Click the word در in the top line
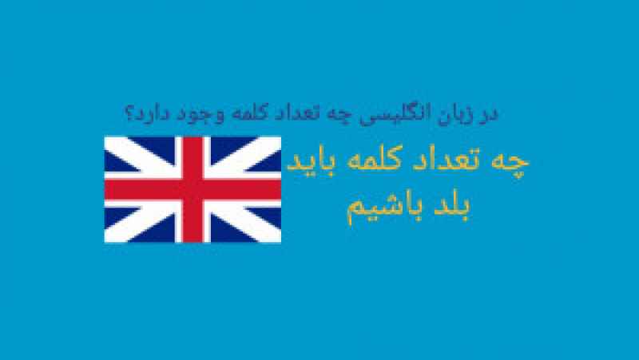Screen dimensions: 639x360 point(490,113)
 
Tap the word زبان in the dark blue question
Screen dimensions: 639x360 point(455,113)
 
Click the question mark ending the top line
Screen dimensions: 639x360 point(129,114)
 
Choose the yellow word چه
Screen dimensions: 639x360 point(510,162)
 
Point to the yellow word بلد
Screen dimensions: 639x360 point(452,207)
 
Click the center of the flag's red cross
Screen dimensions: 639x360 point(192,189)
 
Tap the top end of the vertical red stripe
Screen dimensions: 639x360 point(192,137)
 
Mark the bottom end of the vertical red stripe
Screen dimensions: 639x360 point(192,242)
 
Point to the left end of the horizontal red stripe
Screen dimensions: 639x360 point(105,189)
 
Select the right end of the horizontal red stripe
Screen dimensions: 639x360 point(281,189)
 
